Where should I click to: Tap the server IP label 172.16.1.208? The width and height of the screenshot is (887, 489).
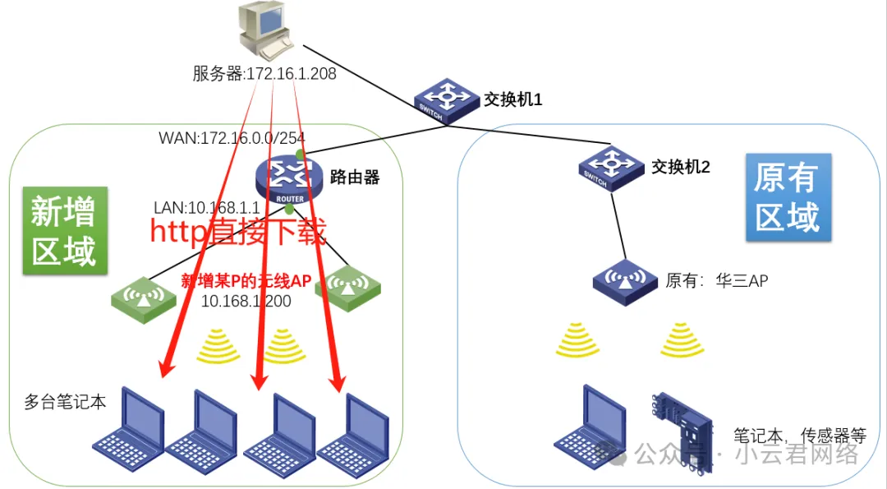264,74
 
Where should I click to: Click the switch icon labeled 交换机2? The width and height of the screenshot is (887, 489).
609,167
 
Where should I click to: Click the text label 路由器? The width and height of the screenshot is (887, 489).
355,176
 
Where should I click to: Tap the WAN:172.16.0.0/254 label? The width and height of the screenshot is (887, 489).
232,137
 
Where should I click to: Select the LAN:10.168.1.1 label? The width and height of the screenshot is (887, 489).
206,207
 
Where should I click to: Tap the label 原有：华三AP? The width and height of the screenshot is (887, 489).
716,281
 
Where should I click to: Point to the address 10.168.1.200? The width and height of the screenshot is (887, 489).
246,301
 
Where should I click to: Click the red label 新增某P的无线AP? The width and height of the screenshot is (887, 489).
246,281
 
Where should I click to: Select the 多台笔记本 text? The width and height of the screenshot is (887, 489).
66,403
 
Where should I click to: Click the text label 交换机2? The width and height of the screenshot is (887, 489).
680,167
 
